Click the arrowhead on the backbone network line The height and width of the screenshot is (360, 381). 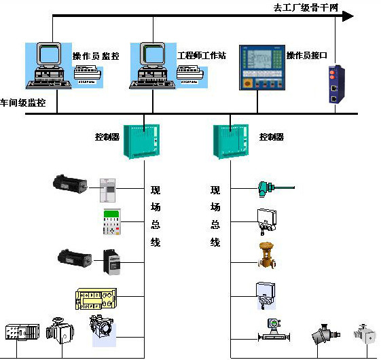coord(347,16)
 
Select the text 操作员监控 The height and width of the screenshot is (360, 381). coord(96,56)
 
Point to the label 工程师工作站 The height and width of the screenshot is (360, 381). coord(202,55)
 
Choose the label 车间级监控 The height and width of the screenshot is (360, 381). coord(24,103)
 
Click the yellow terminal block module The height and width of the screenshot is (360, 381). coord(97,298)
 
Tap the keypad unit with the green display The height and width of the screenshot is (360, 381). coord(111,223)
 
